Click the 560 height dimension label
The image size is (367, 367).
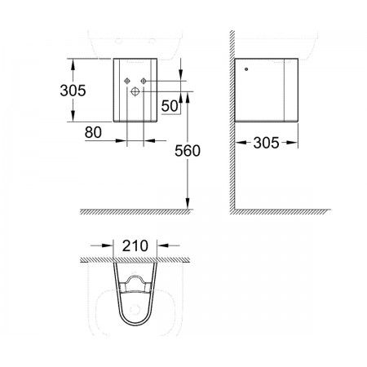[188, 151]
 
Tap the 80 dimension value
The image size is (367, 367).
[93, 132]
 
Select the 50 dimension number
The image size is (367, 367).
[170, 106]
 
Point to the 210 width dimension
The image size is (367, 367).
[135, 245]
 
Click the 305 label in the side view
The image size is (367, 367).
[266, 143]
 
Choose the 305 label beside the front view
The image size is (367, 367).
[73, 91]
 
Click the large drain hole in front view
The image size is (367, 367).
[135, 91]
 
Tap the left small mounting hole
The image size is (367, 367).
[127, 81]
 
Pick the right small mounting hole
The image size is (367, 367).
[144, 81]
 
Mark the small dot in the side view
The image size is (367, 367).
[246, 69]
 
